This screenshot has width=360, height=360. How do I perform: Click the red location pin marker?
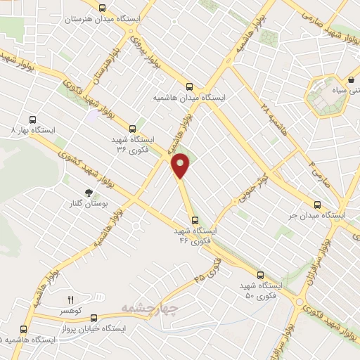[181, 165]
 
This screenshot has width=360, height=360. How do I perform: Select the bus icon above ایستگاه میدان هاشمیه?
[188, 86]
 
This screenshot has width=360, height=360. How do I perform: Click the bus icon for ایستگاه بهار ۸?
[32, 120]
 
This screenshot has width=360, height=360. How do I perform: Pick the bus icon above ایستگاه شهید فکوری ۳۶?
[132, 128]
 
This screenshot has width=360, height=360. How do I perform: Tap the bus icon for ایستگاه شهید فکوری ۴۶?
[195, 219]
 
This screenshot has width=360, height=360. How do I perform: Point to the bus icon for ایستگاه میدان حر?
[317, 205]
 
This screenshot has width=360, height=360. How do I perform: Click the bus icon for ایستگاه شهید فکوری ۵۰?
[260, 275]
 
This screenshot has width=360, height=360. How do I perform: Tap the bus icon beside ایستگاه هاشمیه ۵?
[25, 329]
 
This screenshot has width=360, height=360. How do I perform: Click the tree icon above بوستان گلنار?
[89, 192]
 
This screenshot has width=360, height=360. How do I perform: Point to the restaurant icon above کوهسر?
[70, 300]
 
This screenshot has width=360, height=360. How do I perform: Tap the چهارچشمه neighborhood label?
[150, 307]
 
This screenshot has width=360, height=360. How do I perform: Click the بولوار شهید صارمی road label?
[331, 18]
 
